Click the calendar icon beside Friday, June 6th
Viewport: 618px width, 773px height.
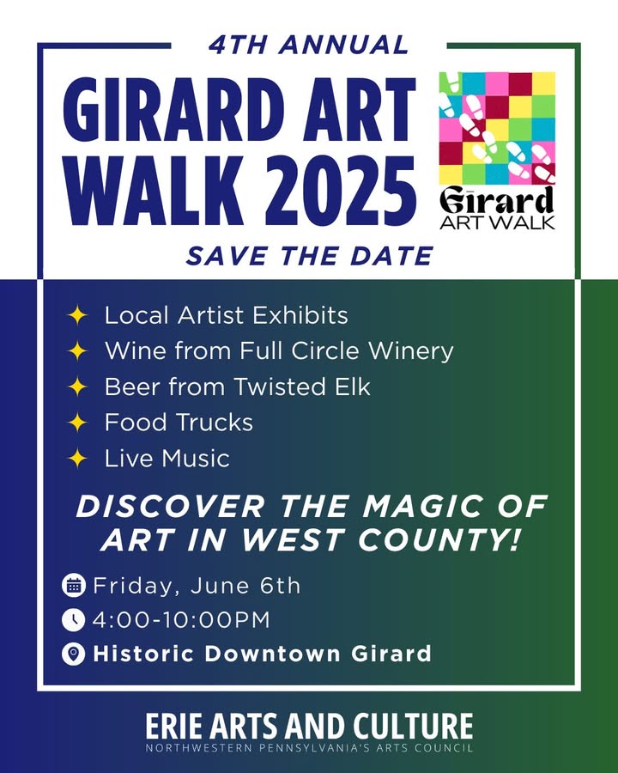[x=74, y=586]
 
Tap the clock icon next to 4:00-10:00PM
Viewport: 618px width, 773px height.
[x=74, y=619]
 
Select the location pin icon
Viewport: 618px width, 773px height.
[x=74, y=654]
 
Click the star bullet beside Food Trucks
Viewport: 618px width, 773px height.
[x=77, y=423]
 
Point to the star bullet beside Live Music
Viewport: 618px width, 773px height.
[x=77, y=458]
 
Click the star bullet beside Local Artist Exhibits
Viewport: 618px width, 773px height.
[x=77, y=315]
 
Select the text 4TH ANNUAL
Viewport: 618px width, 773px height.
[x=309, y=45]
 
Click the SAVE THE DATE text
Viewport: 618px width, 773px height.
[x=310, y=256]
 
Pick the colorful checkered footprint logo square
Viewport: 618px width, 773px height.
[x=497, y=128]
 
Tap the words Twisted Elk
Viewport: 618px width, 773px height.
[x=301, y=386]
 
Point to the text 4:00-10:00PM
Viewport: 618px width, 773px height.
[x=181, y=619]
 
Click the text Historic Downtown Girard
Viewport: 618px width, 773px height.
[x=262, y=654]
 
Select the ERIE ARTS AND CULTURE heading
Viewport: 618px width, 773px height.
[x=309, y=726]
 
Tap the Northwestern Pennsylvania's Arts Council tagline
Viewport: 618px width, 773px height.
[x=309, y=748]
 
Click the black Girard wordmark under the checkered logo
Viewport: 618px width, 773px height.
[x=497, y=201]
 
